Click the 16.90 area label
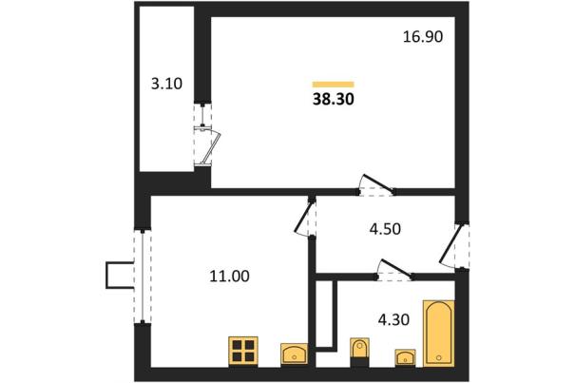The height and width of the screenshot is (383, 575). pyautogui.click(x=423, y=37)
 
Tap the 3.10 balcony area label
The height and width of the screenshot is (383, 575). pyautogui.click(x=166, y=84)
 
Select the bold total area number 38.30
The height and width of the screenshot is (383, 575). pyautogui.click(x=334, y=100)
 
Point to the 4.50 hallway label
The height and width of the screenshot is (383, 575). pyautogui.click(x=385, y=229)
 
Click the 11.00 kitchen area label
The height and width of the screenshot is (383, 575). pyautogui.click(x=230, y=277)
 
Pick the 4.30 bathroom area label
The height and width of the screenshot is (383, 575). pyautogui.click(x=393, y=320)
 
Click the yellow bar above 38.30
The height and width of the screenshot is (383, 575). pyautogui.click(x=333, y=85)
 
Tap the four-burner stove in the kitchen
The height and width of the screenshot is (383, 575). pyautogui.click(x=243, y=352)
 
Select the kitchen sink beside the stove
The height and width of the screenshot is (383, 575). pyautogui.click(x=295, y=354)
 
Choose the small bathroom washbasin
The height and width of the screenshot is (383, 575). pyautogui.click(x=405, y=357)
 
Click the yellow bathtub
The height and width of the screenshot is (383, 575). pyautogui.click(x=439, y=334)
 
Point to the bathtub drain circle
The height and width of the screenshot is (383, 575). pyautogui.click(x=439, y=357)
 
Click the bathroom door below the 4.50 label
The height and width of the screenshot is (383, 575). pyautogui.click(x=395, y=269)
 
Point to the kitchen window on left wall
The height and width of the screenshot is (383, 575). pyautogui.click(x=143, y=277)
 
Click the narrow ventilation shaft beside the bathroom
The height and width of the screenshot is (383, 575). pyautogui.click(x=326, y=315)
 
